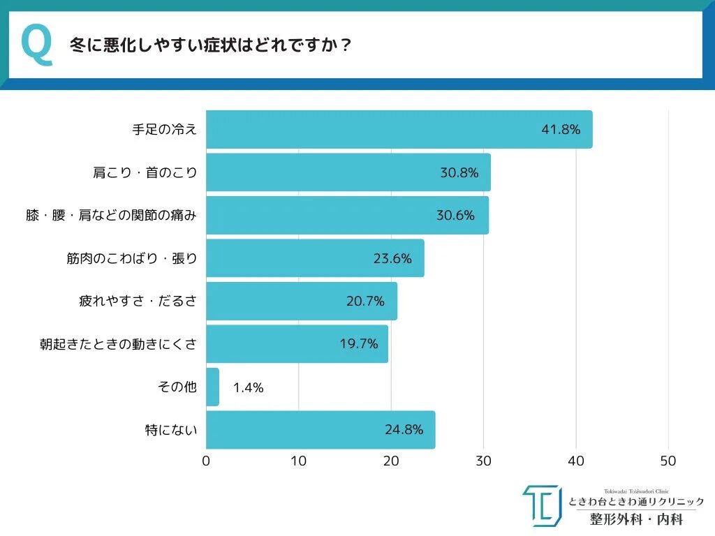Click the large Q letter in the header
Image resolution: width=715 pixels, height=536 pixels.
click(37, 45)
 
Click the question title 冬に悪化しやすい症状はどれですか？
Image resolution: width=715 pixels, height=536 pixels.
click(210, 46)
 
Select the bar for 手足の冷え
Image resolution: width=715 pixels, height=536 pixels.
click(399, 129)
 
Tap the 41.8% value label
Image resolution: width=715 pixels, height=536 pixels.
click(561, 129)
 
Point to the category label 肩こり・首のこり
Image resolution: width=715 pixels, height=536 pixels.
click(145, 172)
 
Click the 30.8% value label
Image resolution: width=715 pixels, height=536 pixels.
click(459, 172)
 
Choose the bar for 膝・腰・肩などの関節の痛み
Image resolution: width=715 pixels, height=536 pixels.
click(347, 215)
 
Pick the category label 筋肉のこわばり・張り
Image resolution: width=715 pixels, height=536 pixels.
click(132, 258)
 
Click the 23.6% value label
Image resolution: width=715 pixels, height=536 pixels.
click(392, 258)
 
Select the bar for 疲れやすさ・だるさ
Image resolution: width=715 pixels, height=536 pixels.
click(302, 301)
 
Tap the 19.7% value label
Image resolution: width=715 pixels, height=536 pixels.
click(358, 344)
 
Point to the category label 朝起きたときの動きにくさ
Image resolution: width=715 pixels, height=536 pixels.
click(119, 344)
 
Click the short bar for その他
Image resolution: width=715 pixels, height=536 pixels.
click(212, 387)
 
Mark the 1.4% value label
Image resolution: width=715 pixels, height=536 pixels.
click(248, 387)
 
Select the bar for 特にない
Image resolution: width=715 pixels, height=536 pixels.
click(320, 430)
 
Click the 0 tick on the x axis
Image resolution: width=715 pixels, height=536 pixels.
click(206, 461)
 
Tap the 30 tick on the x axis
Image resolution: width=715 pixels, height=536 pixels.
click(483, 461)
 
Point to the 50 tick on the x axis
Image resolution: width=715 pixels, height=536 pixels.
click(668, 461)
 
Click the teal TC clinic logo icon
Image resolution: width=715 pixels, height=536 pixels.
click(542, 506)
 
